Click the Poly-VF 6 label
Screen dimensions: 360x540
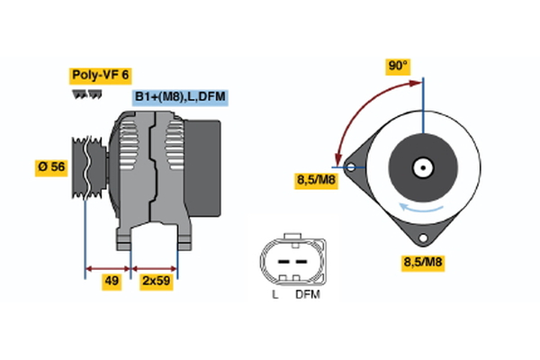100,76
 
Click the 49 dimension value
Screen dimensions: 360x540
111,282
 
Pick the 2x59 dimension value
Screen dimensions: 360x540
156,282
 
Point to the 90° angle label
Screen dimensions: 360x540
398,67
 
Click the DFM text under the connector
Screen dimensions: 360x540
307,294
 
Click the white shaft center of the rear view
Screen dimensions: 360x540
421,166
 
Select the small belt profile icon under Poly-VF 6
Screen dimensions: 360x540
83,93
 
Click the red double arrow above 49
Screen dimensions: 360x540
109,267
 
